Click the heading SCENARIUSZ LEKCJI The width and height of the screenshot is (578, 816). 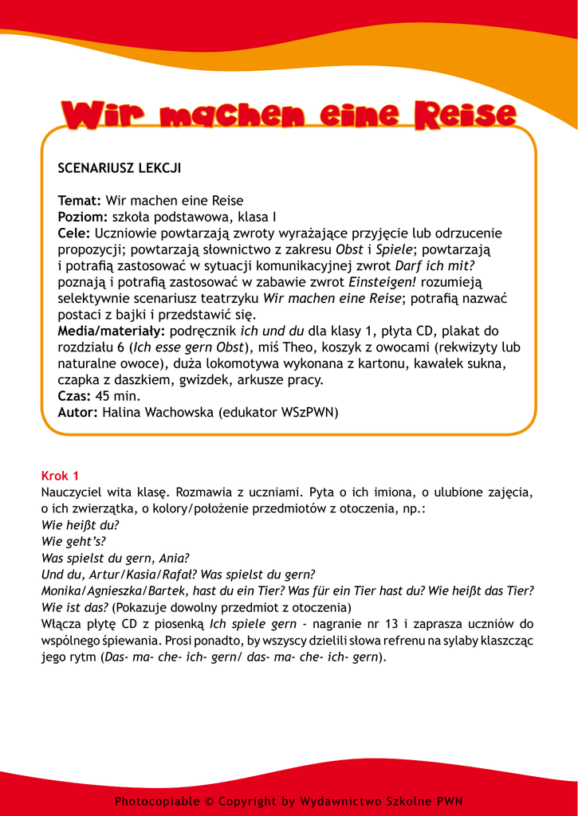(x=120, y=168)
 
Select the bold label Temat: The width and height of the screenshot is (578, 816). (x=80, y=201)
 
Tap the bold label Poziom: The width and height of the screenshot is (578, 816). (x=83, y=217)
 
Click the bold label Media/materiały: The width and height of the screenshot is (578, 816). (x=112, y=331)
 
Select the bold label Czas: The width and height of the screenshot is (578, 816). (x=75, y=396)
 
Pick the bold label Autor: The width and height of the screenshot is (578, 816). (x=78, y=412)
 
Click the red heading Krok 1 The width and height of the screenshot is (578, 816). (x=60, y=476)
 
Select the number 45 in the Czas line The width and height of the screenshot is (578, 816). (x=103, y=396)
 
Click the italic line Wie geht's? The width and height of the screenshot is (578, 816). (x=73, y=540)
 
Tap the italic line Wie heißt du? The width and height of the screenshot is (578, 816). (x=80, y=524)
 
